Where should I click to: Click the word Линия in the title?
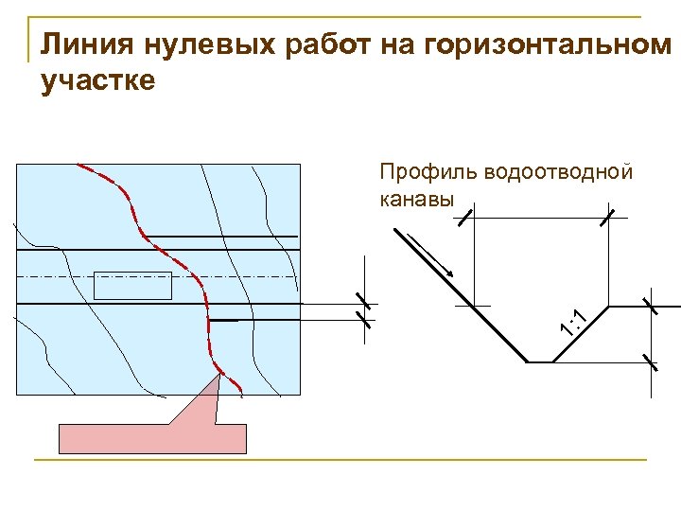[79, 44]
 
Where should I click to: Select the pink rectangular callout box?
[153, 438]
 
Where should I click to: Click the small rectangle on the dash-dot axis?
[133, 285]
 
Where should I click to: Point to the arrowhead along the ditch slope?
[448, 272]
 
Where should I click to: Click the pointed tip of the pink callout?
[220, 375]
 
